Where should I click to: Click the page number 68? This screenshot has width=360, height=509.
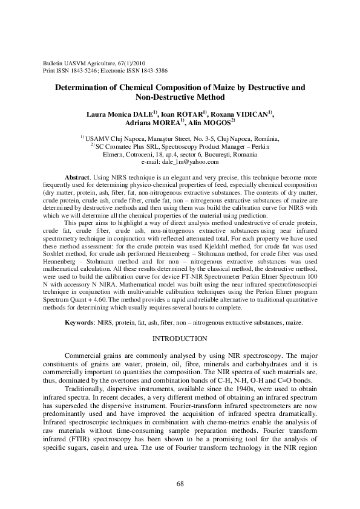(x=180, y=484)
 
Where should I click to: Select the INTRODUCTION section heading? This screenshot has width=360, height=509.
(x=180, y=338)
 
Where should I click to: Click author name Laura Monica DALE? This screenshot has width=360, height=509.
(x=119, y=113)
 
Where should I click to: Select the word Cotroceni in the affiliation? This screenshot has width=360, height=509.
(x=140, y=155)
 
